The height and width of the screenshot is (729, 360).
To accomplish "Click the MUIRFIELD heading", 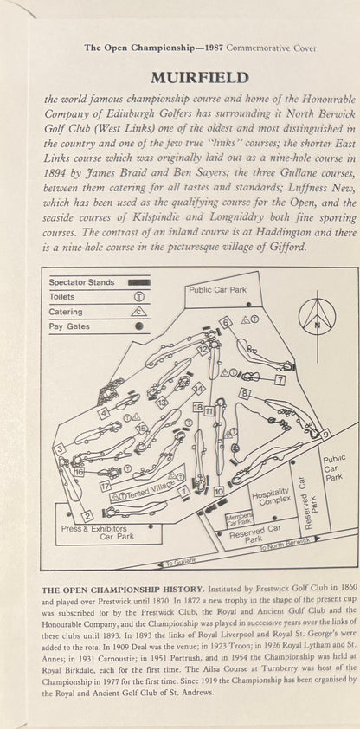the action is point(200,78).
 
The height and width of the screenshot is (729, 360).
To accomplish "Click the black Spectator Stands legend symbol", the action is point(139,281).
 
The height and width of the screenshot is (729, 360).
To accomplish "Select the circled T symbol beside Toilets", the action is point(138,297).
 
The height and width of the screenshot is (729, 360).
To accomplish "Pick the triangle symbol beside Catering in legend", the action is point(138,312).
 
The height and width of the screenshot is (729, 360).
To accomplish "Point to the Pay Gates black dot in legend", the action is point(138,326).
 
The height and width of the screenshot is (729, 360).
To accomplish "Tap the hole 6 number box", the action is point(226,322).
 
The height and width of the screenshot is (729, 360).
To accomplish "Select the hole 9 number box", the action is point(326,435).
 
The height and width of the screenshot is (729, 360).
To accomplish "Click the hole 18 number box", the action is point(198,408).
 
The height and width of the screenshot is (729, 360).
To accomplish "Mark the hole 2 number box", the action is point(87,516).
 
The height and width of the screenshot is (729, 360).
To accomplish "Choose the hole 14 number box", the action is point(199,388).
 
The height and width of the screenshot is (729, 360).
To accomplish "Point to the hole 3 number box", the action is point(60,449).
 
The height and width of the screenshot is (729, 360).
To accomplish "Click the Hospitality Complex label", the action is point(272,497).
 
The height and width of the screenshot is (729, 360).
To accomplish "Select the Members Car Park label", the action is point(239,519).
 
